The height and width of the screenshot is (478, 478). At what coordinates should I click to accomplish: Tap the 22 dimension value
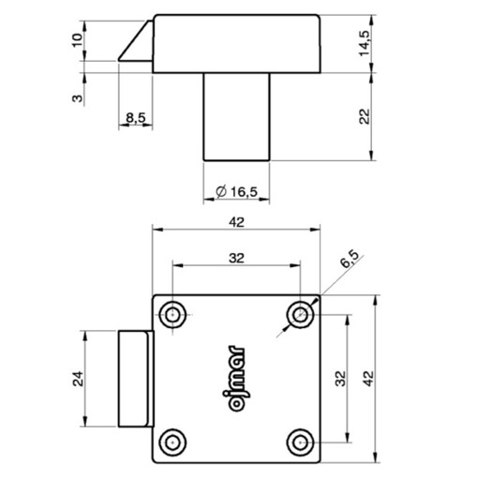[x=365, y=115]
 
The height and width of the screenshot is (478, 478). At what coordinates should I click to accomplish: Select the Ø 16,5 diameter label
[x=236, y=191]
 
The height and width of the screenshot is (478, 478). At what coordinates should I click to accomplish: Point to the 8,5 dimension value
[x=135, y=118]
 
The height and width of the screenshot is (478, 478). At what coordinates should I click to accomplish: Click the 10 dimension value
[x=78, y=42]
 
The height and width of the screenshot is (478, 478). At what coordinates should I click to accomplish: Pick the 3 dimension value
[x=78, y=96]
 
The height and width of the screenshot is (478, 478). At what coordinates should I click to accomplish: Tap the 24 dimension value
[x=78, y=379]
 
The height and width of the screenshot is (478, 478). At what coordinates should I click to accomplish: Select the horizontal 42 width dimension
[x=237, y=221]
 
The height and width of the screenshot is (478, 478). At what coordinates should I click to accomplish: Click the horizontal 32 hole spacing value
[x=237, y=258]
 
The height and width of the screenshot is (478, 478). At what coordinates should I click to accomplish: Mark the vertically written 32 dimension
[x=339, y=378]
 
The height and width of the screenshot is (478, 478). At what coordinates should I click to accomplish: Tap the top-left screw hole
[x=172, y=315]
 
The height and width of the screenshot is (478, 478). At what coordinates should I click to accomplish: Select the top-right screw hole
[x=300, y=315]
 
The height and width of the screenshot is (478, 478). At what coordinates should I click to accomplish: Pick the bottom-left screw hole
[x=172, y=441]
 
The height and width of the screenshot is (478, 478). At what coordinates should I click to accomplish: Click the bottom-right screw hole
[x=300, y=441]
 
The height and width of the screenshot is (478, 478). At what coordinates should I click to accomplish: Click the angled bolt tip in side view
[x=137, y=48]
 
